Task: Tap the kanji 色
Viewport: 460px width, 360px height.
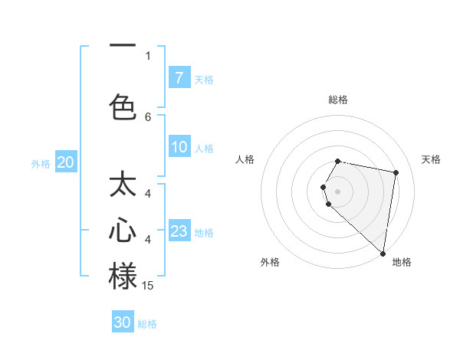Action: pyautogui.click(x=123, y=106)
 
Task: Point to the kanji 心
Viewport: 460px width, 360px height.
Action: pyautogui.click(x=123, y=231)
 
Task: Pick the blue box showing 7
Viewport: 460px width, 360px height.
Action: pyautogui.click(x=179, y=77)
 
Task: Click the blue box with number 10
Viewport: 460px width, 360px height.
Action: pyautogui.click(x=179, y=148)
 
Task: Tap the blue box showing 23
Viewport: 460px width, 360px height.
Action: pyautogui.click(x=179, y=232)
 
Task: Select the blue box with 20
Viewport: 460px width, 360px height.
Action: pyautogui.click(x=65, y=162)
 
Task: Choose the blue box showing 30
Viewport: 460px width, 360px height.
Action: pyautogui.click(x=123, y=322)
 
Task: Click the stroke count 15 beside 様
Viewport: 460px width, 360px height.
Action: pyautogui.click(x=148, y=286)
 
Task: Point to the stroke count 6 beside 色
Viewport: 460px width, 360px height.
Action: pyautogui.click(x=148, y=116)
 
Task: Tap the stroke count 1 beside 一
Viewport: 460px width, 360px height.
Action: pyautogui.click(x=148, y=55)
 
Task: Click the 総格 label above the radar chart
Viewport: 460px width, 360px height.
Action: pyautogui.click(x=337, y=100)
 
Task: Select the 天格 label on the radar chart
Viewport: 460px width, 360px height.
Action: pyautogui.click(x=432, y=159)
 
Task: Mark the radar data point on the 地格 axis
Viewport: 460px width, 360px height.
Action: pyautogui.click(x=383, y=253)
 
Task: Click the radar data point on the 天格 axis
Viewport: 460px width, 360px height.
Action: pyautogui.click(x=396, y=172)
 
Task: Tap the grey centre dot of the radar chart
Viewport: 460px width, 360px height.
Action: pyautogui.click(x=337, y=191)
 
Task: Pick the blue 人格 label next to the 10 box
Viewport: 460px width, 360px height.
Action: pyautogui.click(x=204, y=149)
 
